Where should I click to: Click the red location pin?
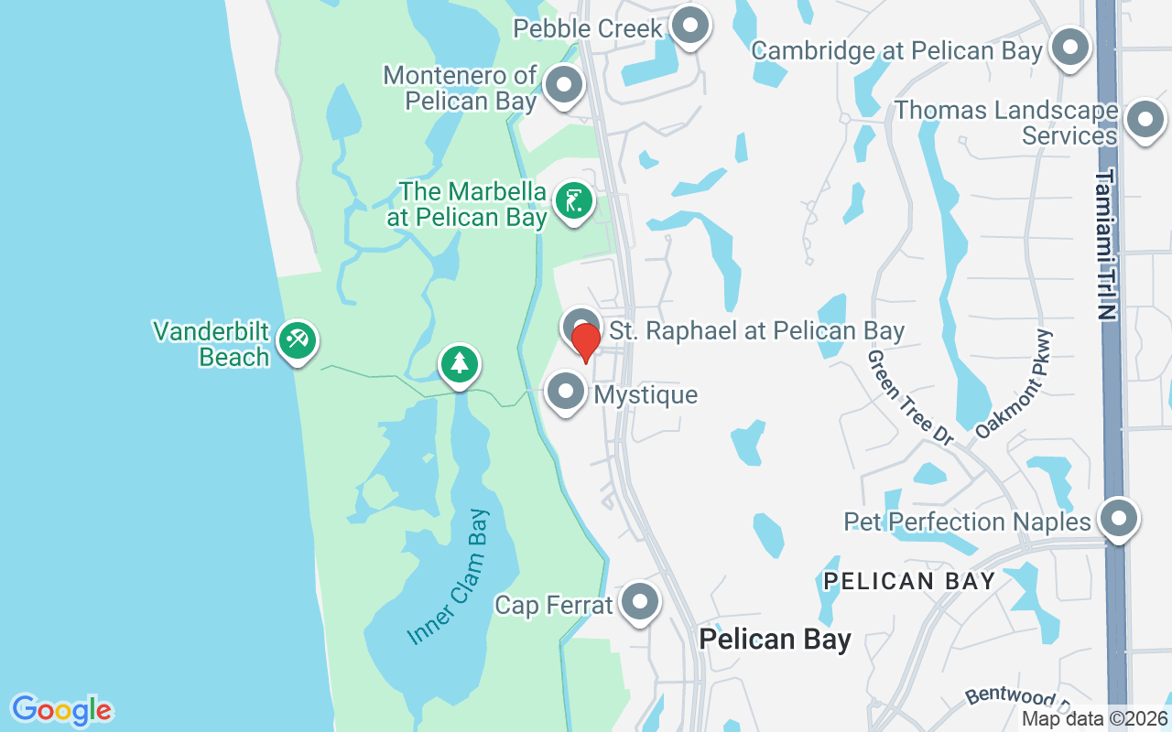pos(585,343)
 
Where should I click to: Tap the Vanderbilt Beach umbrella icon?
pos(297,340)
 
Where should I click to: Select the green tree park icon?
pos(459,364)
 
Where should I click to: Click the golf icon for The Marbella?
pos(573,200)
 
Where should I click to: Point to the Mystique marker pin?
pos(566,392)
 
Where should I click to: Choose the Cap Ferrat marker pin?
pos(639,602)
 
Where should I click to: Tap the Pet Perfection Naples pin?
pos(1117,519)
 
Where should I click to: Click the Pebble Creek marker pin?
pos(690,27)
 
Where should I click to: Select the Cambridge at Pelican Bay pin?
pos(1069,47)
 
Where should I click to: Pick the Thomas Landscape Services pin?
pos(1144,120)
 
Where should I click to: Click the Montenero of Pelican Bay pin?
pos(564,85)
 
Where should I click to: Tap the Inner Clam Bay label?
pos(450,576)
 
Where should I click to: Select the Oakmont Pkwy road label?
pos(1015,384)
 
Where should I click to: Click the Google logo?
pos(61,710)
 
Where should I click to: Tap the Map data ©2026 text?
pos(1094,719)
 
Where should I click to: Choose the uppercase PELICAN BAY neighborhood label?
pos(908,581)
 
